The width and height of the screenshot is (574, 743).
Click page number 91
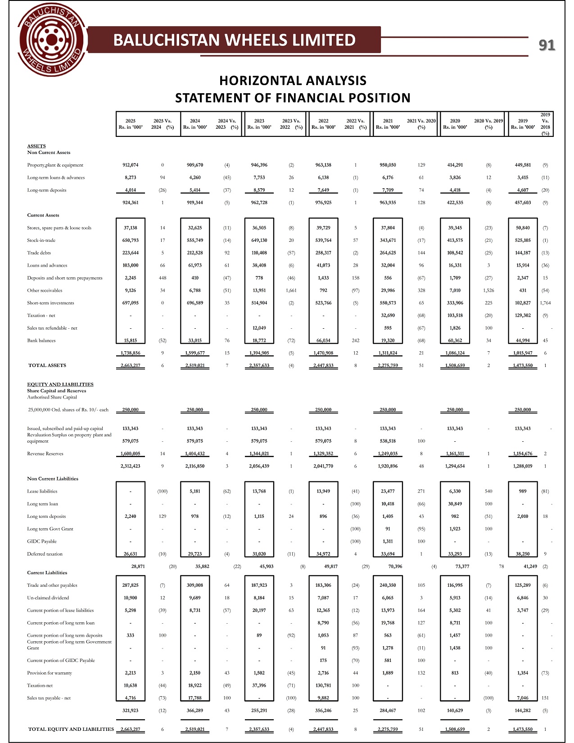pos(547,45)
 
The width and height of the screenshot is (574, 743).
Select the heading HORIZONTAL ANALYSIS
pos(293,81)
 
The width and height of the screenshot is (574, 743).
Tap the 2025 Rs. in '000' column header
pos(130,124)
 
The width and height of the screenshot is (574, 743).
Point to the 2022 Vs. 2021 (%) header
pos(355,124)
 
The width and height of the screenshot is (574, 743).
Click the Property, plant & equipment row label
pos(55,165)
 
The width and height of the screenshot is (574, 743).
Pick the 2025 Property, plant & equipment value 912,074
pos(130,165)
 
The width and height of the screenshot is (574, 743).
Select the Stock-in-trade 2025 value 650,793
pos(130,240)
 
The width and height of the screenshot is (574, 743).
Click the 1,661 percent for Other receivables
pos(291,290)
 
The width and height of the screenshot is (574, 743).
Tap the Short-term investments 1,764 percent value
pos(545,303)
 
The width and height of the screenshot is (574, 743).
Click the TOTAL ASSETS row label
pos(47,365)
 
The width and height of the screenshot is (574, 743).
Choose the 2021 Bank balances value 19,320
pos(388,340)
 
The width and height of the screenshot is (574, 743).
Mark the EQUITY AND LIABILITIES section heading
pos(60,384)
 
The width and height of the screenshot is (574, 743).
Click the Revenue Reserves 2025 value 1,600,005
pos(130,453)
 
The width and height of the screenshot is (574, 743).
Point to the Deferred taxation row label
pos(45,554)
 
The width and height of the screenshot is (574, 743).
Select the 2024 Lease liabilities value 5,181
pos(195,491)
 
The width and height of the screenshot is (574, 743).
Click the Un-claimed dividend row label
pos(48,598)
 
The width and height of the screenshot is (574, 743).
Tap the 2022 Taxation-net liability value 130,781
pos(323,685)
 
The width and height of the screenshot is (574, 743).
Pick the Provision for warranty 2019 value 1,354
pos(522,673)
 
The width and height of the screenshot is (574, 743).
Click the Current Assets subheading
pos(43,215)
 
